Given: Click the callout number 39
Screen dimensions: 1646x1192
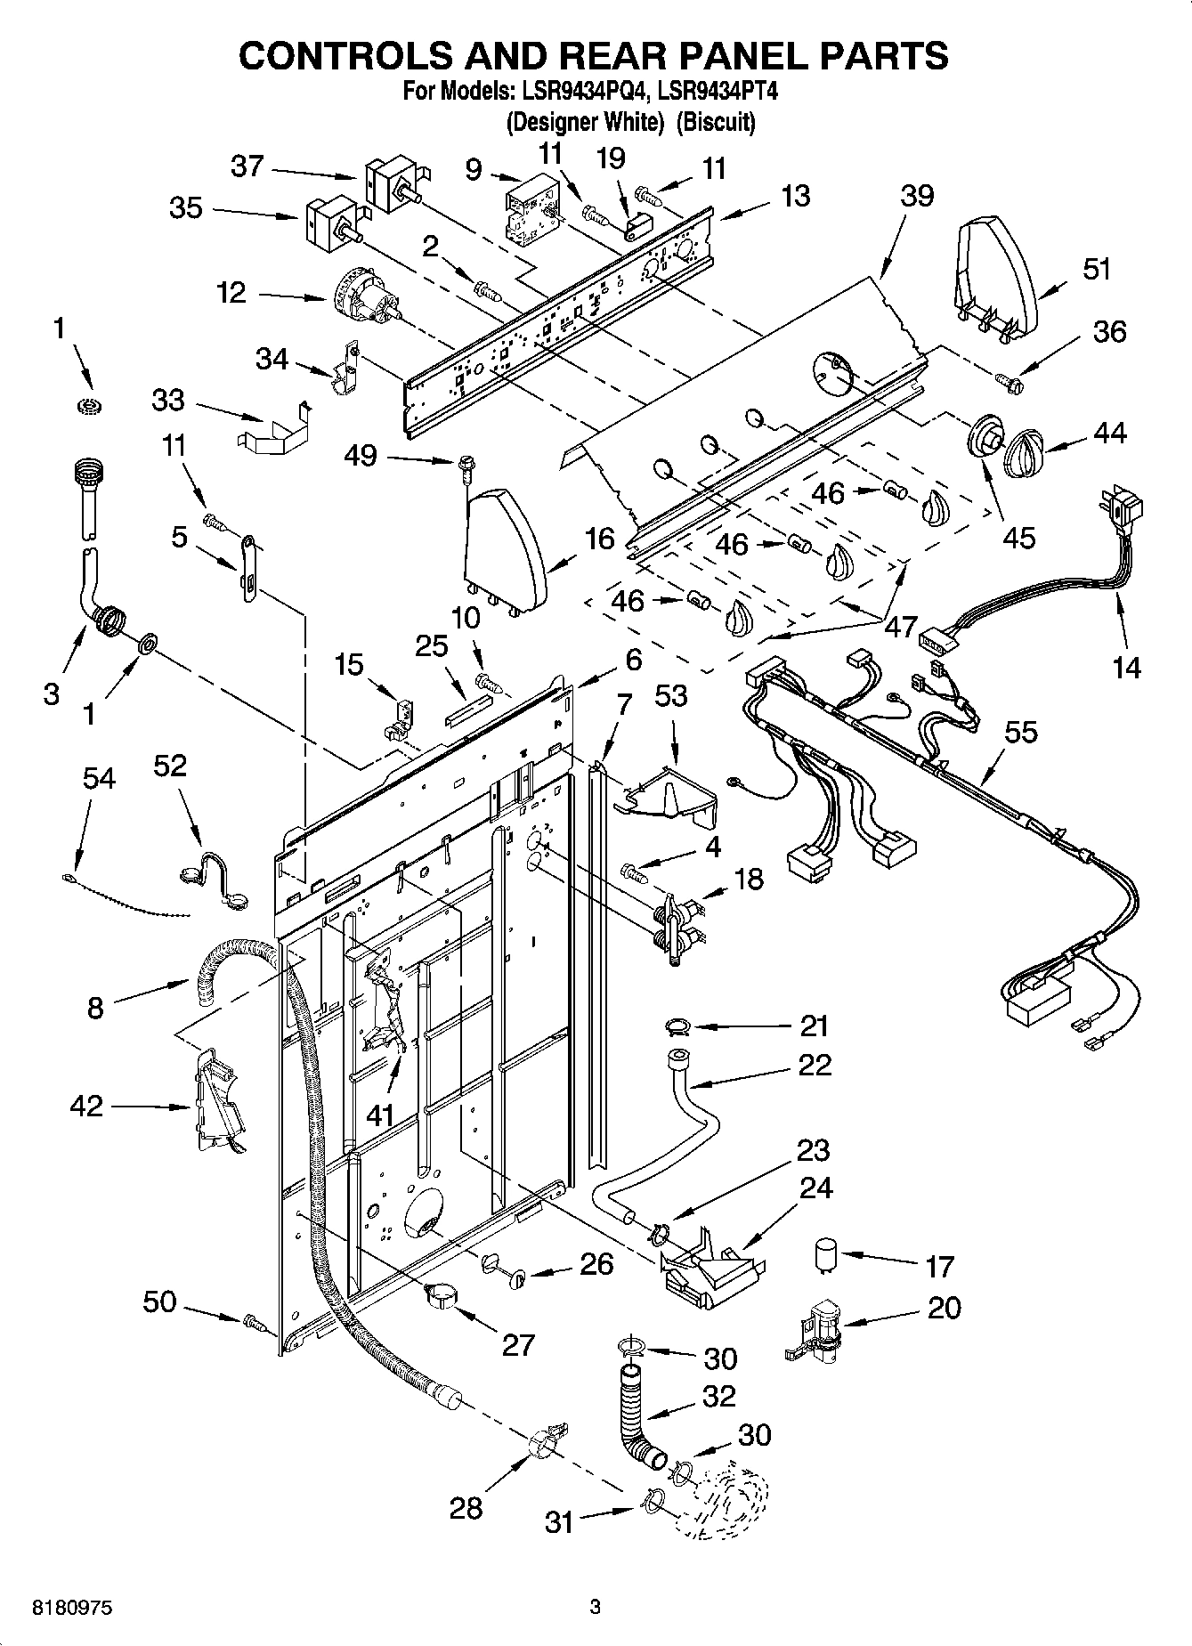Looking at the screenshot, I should click(x=916, y=194).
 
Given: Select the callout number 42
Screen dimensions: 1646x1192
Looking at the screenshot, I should click(x=86, y=1107).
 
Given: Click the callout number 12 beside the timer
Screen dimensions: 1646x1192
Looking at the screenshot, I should click(x=231, y=293).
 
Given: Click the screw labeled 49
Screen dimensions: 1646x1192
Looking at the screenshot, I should click(x=466, y=466).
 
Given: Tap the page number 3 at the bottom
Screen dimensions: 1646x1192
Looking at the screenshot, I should click(x=595, y=1608).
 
